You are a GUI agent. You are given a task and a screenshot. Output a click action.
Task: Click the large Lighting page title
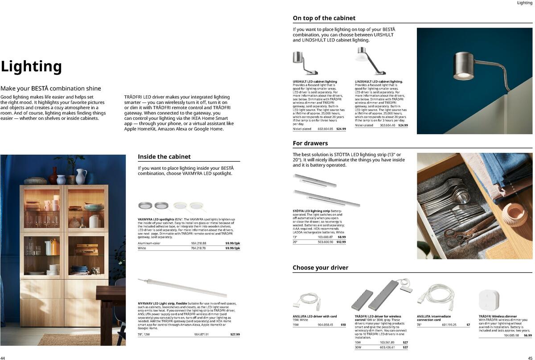(x=31, y=67)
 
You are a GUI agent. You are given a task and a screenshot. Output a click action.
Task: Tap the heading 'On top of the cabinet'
(x=324, y=18)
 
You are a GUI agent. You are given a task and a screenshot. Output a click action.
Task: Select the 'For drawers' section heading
(x=310, y=143)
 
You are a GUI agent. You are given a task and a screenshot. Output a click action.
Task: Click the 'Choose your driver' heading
(x=320, y=268)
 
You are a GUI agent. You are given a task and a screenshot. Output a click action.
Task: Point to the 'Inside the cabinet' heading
(x=164, y=157)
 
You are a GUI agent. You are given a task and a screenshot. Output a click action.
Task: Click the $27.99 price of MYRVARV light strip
(x=235, y=334)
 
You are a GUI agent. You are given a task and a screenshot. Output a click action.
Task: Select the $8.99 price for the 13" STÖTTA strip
(x=342, y=237)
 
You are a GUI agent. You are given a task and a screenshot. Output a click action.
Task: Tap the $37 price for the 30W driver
(x=405, y=347)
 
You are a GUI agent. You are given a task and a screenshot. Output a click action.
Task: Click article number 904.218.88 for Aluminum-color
(x=198, y=243)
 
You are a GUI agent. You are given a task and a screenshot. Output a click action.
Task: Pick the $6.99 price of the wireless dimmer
(x=528, y=335)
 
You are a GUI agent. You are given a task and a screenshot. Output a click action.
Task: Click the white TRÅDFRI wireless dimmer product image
(x=489, y=301)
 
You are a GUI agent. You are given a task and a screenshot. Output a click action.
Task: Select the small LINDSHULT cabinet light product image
(x=369, y=61)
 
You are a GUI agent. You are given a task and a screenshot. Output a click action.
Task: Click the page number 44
(x=3, y=357)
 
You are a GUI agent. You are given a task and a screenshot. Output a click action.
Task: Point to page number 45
(x=531, y=357)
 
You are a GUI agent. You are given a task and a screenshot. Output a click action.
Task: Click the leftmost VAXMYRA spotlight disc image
(x=144, y=205)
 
